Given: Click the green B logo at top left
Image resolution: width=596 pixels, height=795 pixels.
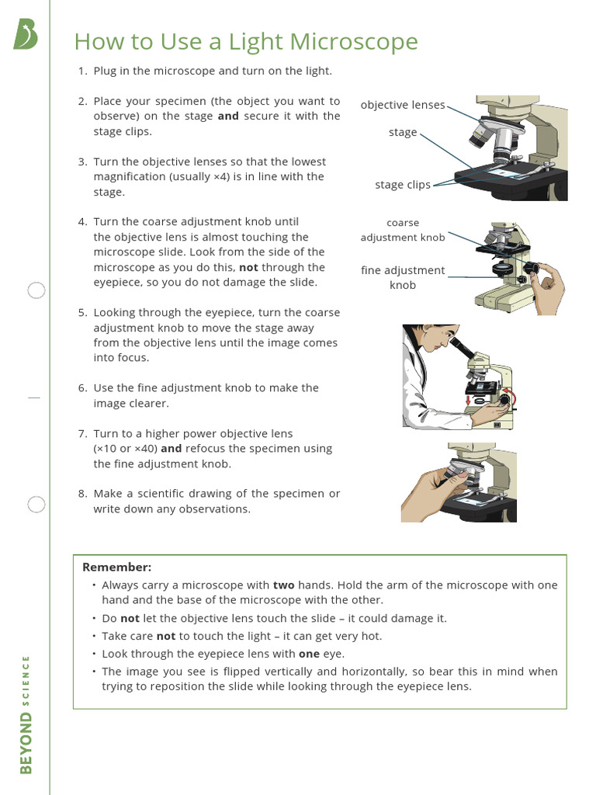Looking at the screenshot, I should pyautogui.click(x=26, y=35).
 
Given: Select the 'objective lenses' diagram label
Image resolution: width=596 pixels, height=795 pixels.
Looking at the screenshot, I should pyautogui.click(x=403, y=105).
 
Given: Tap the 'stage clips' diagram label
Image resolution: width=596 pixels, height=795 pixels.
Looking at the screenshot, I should pyautogui.click(x=402, y=185).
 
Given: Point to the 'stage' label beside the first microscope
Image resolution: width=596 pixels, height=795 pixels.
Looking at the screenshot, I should pyautogui.click(x=403, y=133).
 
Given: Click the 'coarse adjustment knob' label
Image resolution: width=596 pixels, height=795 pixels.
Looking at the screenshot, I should pyautogui.click(x=403, y=231).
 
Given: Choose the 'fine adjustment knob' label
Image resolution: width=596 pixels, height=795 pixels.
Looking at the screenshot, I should pyautogui.click(x=403, y=277).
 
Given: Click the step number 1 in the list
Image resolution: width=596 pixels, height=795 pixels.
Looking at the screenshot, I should pyautogui.click(x=81, y=71).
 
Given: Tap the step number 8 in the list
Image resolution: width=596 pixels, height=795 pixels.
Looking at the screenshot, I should pyautogui.click(x=81, y=494).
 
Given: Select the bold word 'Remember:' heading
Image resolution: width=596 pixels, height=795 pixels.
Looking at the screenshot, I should pyautogui.click(x=117, y=568).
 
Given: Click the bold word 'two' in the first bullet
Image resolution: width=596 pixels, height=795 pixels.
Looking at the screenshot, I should pyautogui.click(x=283, y=585).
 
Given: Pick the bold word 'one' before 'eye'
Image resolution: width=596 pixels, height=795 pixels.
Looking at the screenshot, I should pyautogui.click(x=309, y=654).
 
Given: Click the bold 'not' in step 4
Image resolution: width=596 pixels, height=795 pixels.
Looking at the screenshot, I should pyautogui.click(x=248, y=267).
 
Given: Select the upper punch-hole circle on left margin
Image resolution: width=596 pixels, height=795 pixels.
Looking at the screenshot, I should pyautogui.click(x=36, y=291).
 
